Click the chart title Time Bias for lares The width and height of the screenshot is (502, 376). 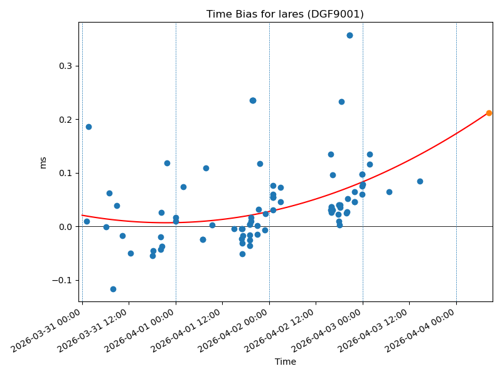click(x=285, y=14)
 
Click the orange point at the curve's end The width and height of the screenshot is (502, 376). click(x=489, y=113)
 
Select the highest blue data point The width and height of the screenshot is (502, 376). click(x=350, y=35)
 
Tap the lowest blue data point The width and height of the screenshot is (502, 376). click(x=113, y=289)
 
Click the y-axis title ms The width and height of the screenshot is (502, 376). click(x=43, y=162)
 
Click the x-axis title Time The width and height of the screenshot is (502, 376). click(x=285, y=362)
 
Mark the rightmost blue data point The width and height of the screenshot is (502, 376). click(x=420, y=181)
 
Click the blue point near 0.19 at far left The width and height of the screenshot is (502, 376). click(x=88, y=127)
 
